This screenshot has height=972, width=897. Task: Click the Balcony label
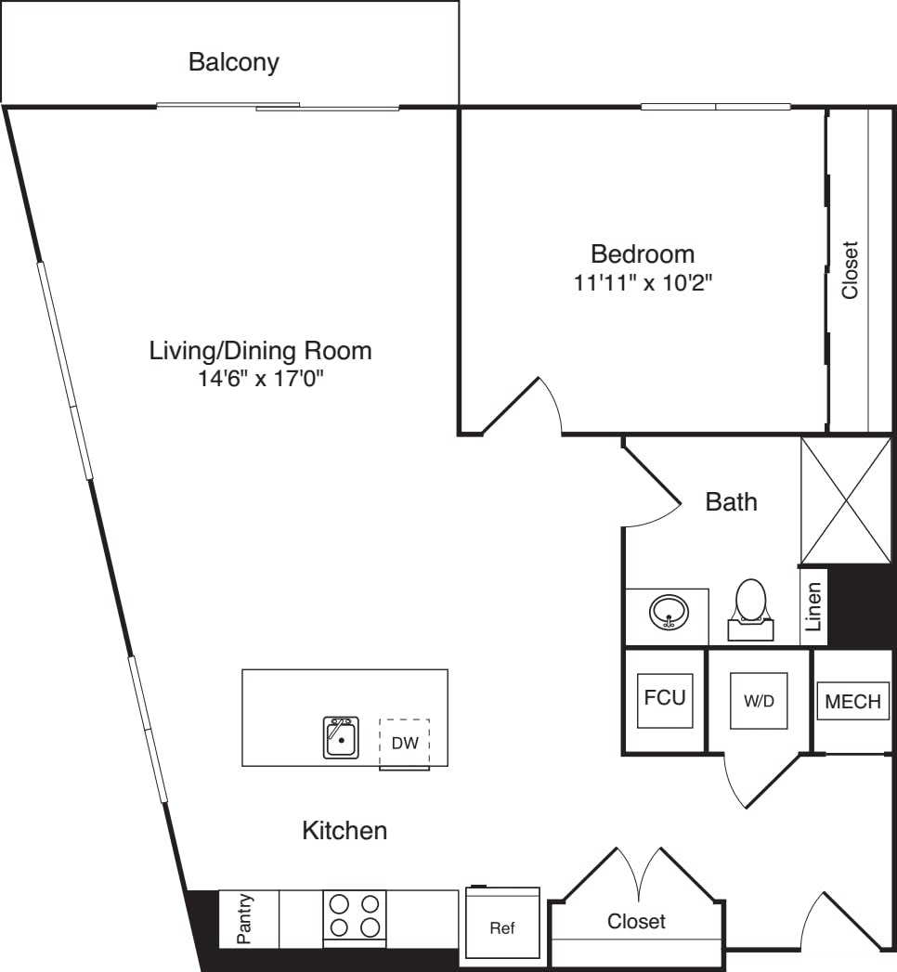[233, 63]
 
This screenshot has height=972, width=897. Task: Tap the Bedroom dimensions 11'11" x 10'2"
[643, 282]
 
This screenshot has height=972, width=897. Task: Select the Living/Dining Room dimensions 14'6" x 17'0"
[260, 379]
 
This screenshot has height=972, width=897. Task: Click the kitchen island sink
[341, 737]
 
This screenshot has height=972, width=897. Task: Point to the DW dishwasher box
[404, 743]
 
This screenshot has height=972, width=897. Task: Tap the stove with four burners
[355, 915]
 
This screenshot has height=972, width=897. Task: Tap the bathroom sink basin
[669, 614]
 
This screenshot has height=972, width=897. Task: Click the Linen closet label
[813, 607]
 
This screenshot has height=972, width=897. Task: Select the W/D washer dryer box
[759, 701]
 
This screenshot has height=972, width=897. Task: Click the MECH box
[852, 702]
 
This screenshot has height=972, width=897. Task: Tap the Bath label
[731, 502]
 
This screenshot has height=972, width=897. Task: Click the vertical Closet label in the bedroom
[849, 270]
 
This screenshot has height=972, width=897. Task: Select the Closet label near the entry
[636, 921]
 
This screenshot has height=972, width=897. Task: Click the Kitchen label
[344, 830]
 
